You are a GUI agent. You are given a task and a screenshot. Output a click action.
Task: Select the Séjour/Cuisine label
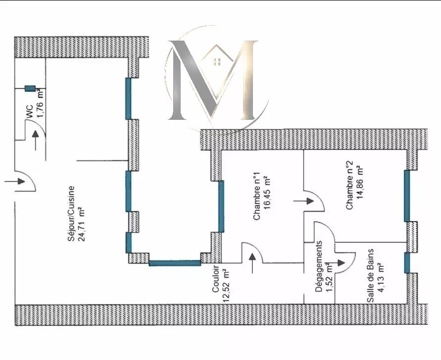72,213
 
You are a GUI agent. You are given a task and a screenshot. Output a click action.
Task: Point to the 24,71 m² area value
82,213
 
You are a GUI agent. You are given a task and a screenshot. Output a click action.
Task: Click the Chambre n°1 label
256,196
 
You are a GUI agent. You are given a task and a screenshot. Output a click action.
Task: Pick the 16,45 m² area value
267,193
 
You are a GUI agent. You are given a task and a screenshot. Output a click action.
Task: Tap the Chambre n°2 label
349,185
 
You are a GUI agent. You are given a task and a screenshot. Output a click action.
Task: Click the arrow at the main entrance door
14,181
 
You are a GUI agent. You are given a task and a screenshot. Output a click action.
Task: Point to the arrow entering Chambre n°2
303,201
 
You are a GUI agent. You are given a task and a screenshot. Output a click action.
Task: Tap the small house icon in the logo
216,61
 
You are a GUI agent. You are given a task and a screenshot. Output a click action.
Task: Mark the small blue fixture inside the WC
31,88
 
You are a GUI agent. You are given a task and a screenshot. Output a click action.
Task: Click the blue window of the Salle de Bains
407,263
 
